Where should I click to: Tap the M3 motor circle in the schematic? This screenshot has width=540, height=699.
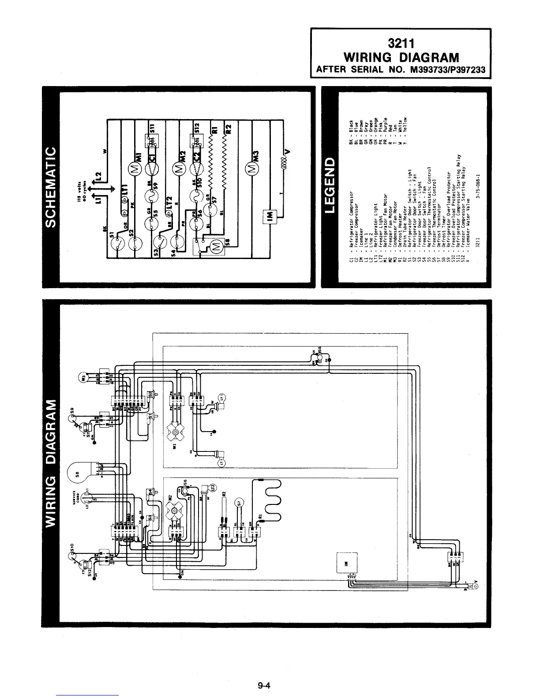coord(253,169)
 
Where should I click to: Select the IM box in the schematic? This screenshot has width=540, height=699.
coord(269,215)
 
